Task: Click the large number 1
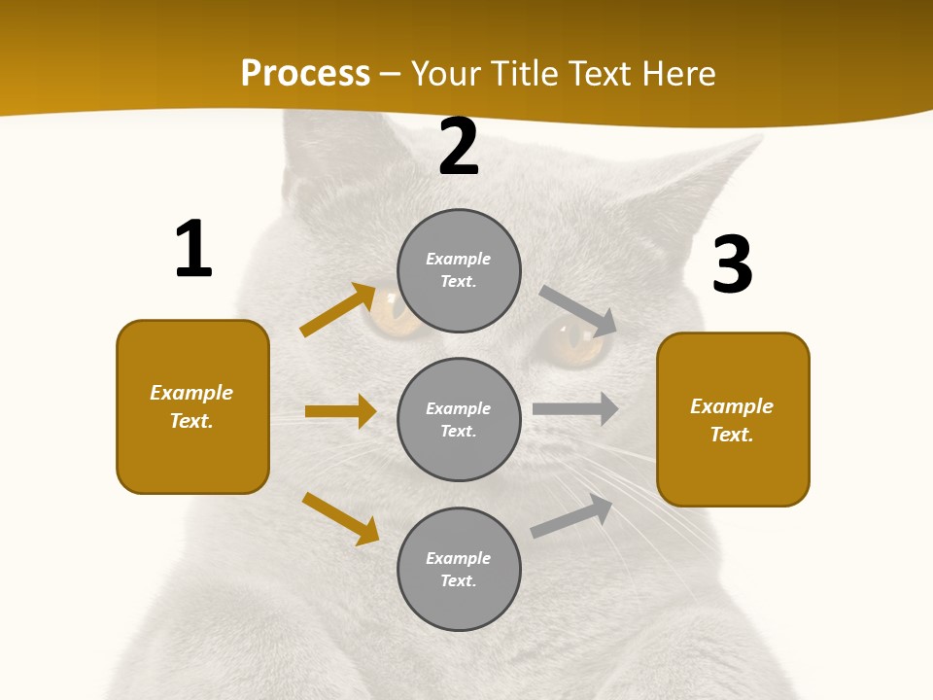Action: pos(193,250)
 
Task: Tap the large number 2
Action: pos(459,148)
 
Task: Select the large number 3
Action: pos(733,265)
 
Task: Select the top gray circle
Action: pos(459,270)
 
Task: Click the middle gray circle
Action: pos(459,420)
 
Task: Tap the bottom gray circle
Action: pos(459,570)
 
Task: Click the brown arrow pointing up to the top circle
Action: pos(337,309)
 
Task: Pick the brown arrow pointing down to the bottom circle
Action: pos(340,518)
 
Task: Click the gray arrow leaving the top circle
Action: pos(578,310)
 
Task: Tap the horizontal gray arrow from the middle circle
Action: pos(575,409)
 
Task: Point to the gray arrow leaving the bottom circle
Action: pos(571,516)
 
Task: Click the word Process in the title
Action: pos(305,74)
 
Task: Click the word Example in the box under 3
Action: pos(732,406)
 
